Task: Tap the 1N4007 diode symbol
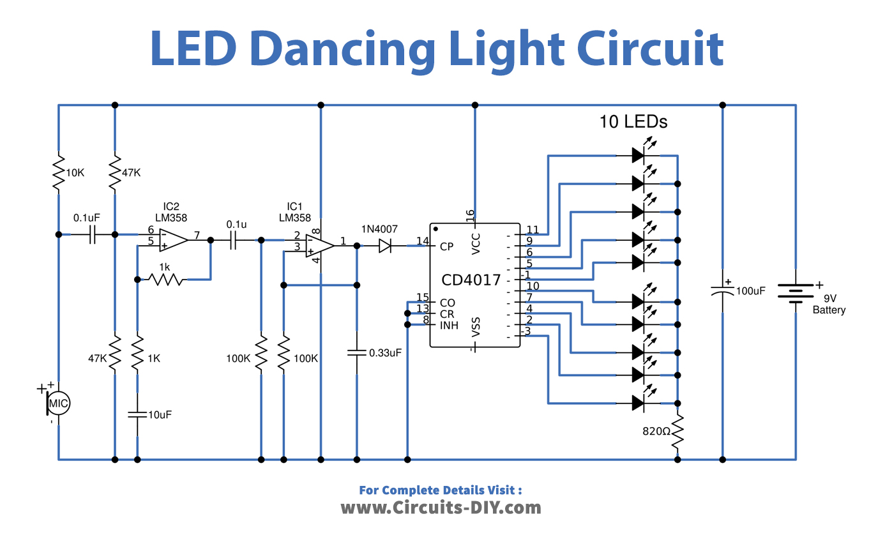385,245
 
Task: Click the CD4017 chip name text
471,280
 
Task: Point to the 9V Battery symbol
794,293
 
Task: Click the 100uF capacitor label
750,291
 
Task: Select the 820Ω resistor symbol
677,431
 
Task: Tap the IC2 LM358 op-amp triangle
172,239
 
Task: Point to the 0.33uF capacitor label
385,352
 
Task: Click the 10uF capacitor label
160,414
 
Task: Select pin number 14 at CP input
422,241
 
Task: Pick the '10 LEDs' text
633,121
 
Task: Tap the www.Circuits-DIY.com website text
441,508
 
